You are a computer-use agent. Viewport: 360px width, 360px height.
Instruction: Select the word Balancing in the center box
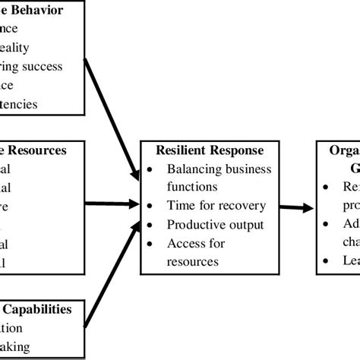tap(193, 169)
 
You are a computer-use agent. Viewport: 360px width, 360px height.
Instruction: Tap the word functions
tap(193, 186)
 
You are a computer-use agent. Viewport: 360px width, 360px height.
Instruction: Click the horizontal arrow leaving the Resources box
tap(111, 204)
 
